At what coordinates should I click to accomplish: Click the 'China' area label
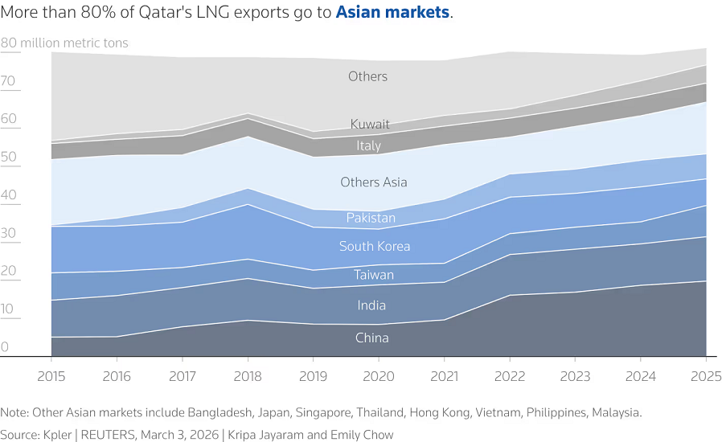coord(371,338)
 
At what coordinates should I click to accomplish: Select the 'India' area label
coord(371,305)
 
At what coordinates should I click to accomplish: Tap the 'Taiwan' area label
coord(374,276)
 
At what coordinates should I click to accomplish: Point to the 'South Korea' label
coord(374,246)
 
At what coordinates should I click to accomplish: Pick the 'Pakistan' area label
coord(371,218)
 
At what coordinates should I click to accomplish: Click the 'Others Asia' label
coord(373,182)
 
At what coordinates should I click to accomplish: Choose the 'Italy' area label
coord(369,145)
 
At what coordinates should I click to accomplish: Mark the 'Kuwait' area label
coord(370,125)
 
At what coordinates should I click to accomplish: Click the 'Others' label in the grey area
coord(367,76)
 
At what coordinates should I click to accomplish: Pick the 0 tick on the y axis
coord(5,347)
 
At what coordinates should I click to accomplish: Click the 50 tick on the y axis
coord(9,158)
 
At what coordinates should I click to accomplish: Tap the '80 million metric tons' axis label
coord(64,43)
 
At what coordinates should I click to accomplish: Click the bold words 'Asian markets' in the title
coord(392,14)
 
